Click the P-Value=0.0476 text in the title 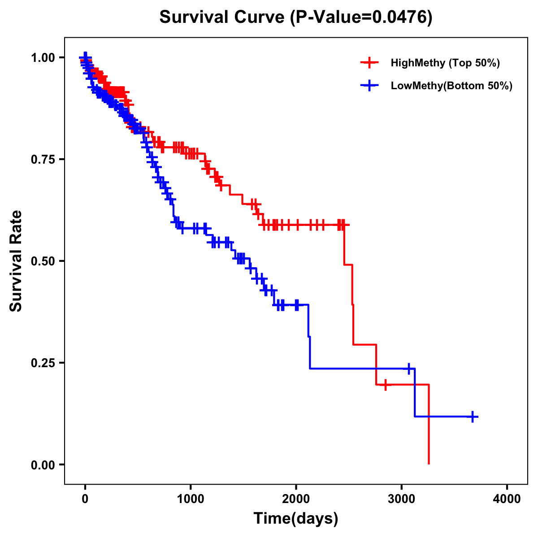pos(361,17)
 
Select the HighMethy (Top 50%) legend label pos(445,63)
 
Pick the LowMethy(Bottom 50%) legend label pos(451,86)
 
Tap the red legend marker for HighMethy pos(369,63)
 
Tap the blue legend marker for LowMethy pos(369,86)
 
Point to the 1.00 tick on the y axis pos(43,57)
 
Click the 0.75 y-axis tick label pos(43,159)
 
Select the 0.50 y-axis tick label pos(43,261)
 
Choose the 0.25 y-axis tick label pos(43,363)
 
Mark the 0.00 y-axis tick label pos(43,464)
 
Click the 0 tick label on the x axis pos(85,499)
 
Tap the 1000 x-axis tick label pos(191,499)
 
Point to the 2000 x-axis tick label pos(296,499)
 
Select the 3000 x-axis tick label pos(402,499)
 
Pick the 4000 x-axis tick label pos(507,499)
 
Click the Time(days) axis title pos(296,519)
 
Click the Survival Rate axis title pos(16,261)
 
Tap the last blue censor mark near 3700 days pos(473,417)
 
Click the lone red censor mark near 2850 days pos(385,385)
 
